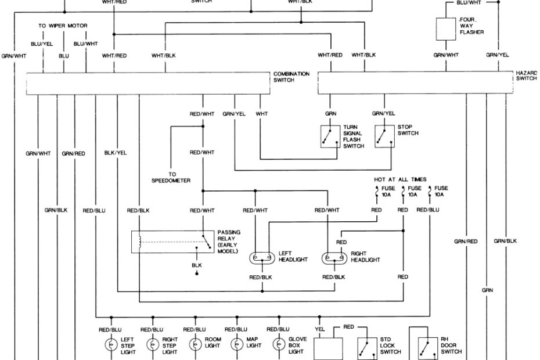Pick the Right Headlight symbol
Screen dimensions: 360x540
334,257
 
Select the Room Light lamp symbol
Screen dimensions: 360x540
194,344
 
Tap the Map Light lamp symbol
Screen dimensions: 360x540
236,344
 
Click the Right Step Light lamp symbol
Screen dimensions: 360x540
152,344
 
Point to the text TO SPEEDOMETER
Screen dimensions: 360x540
171,177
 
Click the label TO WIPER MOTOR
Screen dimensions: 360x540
64,26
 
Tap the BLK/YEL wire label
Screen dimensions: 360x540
115,153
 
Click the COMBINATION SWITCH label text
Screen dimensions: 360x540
291,77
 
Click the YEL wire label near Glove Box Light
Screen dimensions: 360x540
319,327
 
